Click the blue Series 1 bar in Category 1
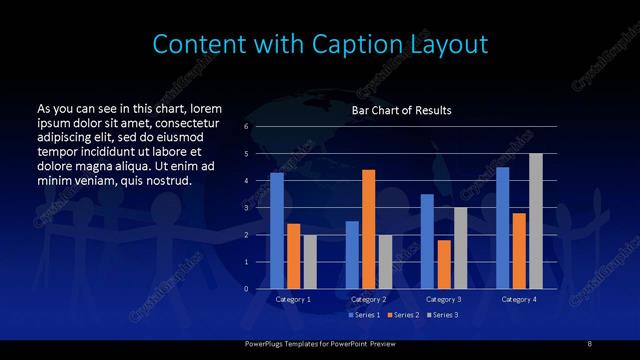tap(277, 231)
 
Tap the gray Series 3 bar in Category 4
tap(536, 221)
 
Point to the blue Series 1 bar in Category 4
tap(502, 228)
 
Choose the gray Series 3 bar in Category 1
tap(310, 262)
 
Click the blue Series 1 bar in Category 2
tap(352, 255)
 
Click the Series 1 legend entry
tap(365, 315)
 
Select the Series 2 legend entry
tap(402, 315)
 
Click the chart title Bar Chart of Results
tap(401, 110)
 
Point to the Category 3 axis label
tap(443, 299)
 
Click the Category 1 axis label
tap(293, 299)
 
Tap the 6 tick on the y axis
tap(246, 127)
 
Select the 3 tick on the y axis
tap(246, 208)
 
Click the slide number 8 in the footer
tap(589, 344)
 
